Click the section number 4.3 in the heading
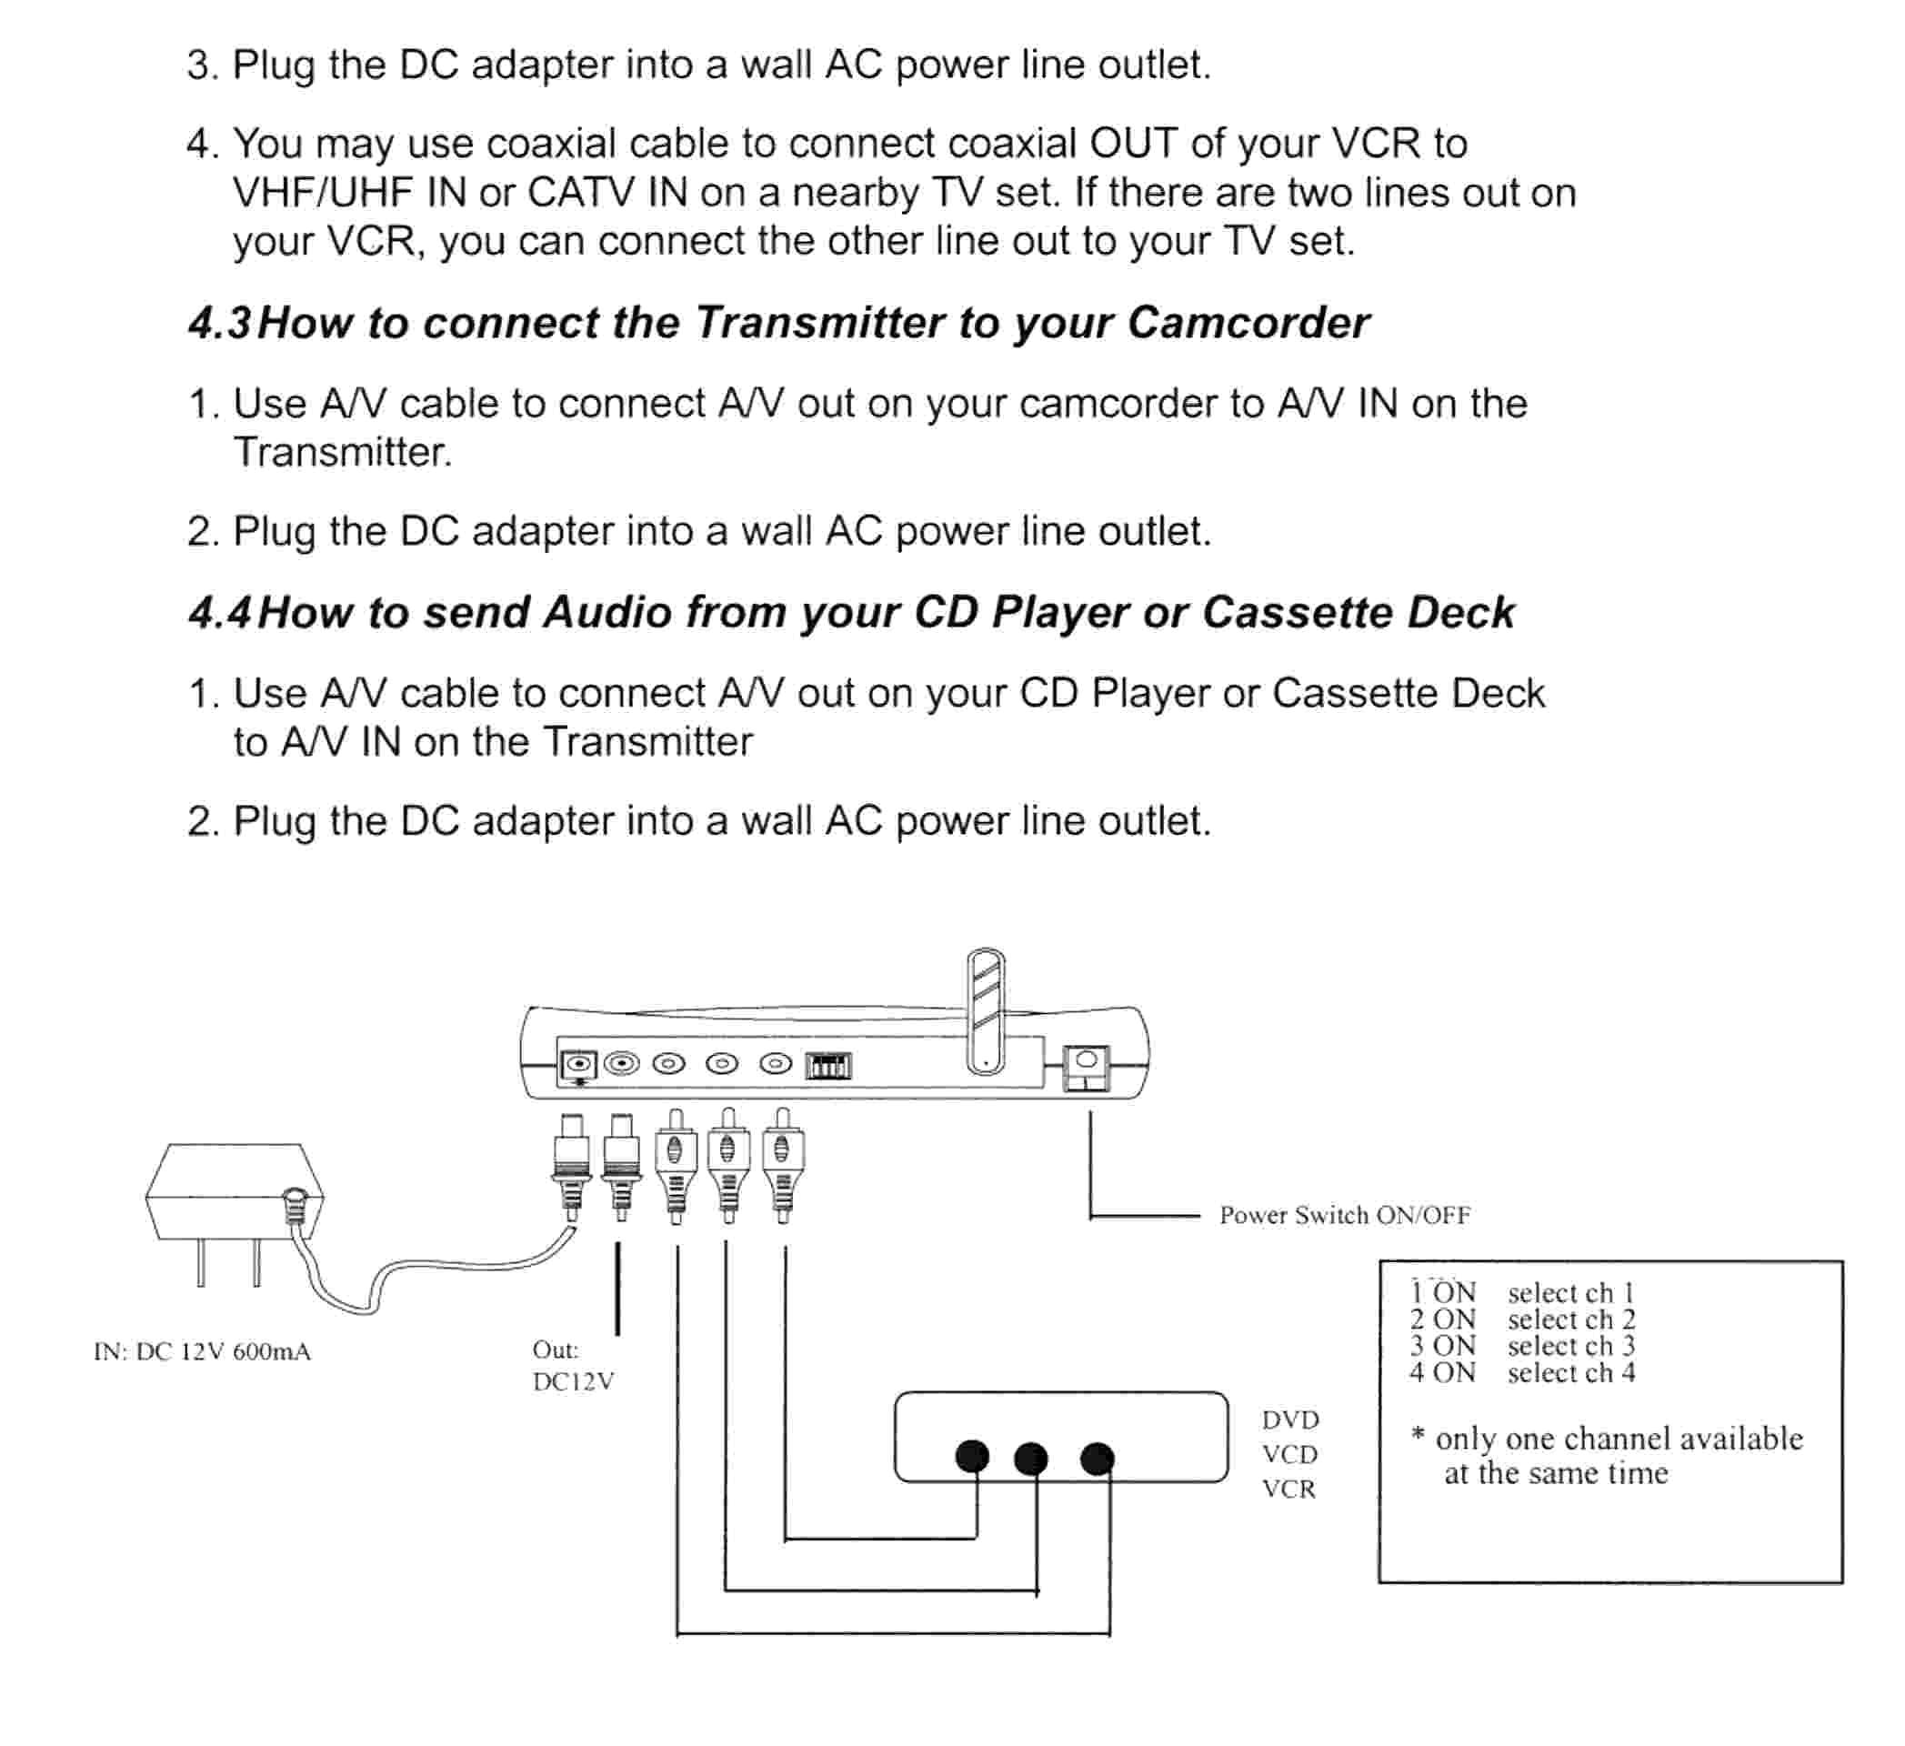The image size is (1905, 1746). tap(219, 324)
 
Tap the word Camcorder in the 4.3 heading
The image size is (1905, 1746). tap(1248, 324)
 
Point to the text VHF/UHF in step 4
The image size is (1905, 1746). tap(322, 194)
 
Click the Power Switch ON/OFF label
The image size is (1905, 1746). tap(1344, 1215)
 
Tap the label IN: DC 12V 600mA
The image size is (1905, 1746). tap(202, 1352)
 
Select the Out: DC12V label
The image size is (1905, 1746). tap(573, 1366)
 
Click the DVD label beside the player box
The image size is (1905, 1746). tap(1289, 1420)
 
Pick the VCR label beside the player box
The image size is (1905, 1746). tap(1288, 1490)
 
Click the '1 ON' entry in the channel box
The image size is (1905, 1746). tap(1442, 1292)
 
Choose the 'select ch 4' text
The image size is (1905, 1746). tap(1570, 1373)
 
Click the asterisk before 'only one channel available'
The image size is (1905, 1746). tap(1418, 1436)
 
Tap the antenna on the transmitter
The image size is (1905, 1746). tap(986, 1011)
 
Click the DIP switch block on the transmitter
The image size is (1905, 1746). tap(828, 1067)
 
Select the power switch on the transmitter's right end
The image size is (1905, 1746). tap(1086, 1068)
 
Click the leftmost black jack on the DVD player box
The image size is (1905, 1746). tap(972, 1457)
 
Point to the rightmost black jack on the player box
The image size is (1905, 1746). tap(1097, 1459)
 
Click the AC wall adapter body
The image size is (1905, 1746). tap(234, 1192)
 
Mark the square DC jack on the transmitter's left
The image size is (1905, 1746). tap(578, 1066)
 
